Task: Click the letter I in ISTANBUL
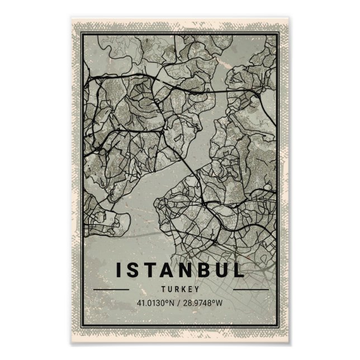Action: tap(118, 270)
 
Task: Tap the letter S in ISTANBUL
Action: tap(132, 270)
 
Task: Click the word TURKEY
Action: tap(179, 290)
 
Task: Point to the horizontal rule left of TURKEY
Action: tap(111, 290)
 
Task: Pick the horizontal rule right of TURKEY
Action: tap(250, 290)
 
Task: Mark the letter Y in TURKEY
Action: tap(197, 290)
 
